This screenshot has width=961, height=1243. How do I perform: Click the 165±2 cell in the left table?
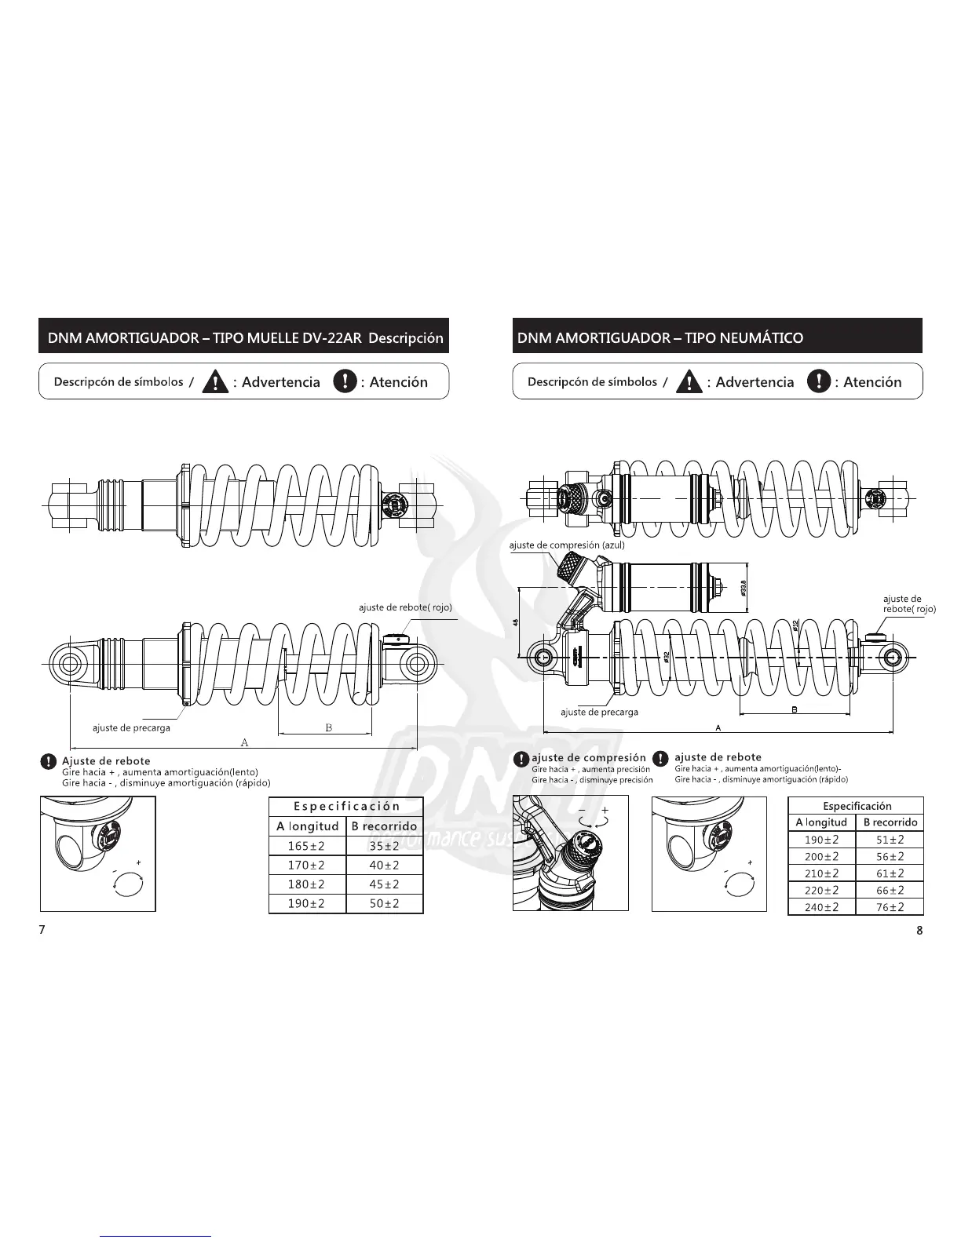pyautogui.click(x=306, y=846)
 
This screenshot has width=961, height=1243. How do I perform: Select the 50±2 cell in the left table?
pyautogui.click(x=384, y=903)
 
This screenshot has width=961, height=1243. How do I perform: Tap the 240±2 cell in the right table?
pyautogui.click(x=821, y=907)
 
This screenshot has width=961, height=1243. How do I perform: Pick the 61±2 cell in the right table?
pyautogui.click(x=890, y=873)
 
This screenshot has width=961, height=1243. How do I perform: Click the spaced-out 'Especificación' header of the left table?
pyautogui.click(x=346, y=806)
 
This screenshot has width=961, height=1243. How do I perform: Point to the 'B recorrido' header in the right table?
pyautogui.click(x=890, y=822)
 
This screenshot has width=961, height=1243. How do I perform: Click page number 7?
pyautogui.click(x=42, y=929)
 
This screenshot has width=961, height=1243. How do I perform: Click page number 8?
pyautogui.click(x=919, y=931)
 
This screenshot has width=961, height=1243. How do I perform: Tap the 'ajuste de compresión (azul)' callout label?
pyautogui.click(x=567, y=545)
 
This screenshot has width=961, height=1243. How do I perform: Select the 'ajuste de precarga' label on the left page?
pyautogui.click(x=131, y=727)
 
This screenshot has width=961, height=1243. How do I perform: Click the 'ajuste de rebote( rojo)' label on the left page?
pyautogui.click(x=405, y=607)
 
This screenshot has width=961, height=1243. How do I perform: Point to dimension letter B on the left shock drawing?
pyautogui.click(x=329, y=727)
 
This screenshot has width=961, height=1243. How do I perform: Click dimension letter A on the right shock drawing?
pyautogui.click(x=719, y=728)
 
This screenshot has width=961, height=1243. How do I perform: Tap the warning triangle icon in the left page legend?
pyautogui.click(x=215, y=382)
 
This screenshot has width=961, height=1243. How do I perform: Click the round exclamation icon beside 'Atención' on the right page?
pyautogui.click(x=819, y=381)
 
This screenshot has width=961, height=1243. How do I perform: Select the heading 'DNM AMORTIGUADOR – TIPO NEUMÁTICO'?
pyautogui.click(x=660, y=338)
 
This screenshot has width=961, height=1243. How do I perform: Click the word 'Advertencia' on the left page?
pyautogui.click(x=281, y=382)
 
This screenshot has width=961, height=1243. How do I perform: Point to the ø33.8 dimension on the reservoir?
pyautogui.click(x=743, y=587)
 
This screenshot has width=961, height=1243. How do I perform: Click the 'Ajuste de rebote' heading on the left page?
pyautogui.click(x=106, y=760)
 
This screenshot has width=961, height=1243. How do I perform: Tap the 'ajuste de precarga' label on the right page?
pyautogui.click(x=599, y=712)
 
